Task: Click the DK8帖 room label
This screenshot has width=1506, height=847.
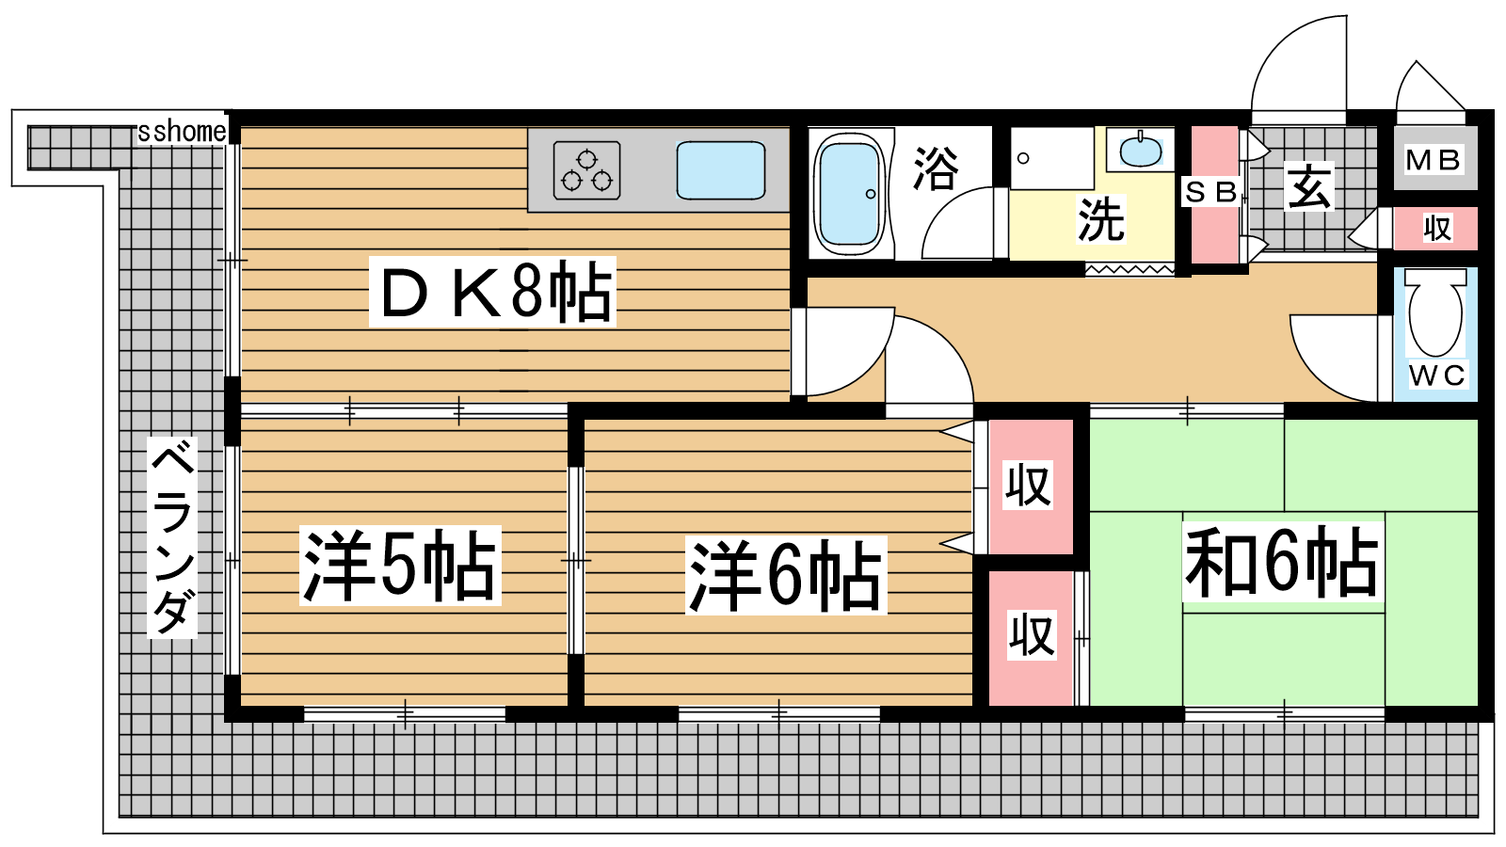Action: [x=493, y=292]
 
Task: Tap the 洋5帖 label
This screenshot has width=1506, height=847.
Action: [x=400, y=566]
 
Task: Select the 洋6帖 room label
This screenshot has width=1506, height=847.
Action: [x=786, y=575]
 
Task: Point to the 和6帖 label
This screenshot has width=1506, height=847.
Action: [x=1283, y=562]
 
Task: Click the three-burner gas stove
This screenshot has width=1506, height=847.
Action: [x=586, y=170]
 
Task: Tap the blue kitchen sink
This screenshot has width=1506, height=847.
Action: [x=721, y=170]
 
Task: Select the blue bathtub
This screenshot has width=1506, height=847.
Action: [x=849, y=194]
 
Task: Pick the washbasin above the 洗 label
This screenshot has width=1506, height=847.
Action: [x=1141, y=150]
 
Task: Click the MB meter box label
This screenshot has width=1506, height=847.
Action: [x=1434, y=160]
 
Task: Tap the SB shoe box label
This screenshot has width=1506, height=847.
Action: [x=1211, y=192]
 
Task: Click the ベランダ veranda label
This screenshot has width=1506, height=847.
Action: [x=173, y=536]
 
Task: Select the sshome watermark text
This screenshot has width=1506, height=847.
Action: [x=182, y=132]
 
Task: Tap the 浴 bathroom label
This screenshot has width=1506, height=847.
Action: [x=936, y=168]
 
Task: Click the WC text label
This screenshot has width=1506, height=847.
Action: [x=1436, y=376]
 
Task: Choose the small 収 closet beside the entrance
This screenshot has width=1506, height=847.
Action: [x=1436, y=229]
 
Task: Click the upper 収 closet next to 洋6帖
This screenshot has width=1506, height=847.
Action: [x=1030, y=487]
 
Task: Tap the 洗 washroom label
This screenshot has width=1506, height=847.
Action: [x=1101, y=219]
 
